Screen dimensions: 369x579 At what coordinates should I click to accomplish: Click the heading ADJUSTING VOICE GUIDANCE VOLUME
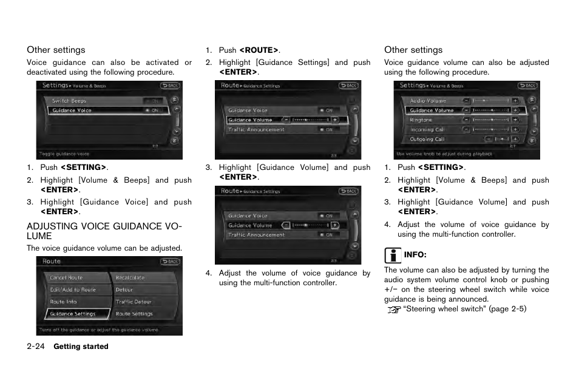coord(104,231)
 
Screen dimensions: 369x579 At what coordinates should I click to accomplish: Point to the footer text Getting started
coord(81,347)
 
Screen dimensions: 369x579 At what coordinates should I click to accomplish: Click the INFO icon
coord(393,254)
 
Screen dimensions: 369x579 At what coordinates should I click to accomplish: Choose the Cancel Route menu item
coord(66,278)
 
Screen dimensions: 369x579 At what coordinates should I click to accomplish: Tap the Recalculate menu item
coord(130,278)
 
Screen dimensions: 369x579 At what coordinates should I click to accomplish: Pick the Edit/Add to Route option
coord(72,290)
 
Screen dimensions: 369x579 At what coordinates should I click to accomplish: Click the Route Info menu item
coord(63,302)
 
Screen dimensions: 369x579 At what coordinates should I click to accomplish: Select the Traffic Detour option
coord(134,302)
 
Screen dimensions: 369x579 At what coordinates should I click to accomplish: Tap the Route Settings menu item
coord(134,314)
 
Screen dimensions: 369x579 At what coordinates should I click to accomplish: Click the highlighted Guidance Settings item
coord(73,314)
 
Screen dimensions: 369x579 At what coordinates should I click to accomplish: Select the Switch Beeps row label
coord(69,101)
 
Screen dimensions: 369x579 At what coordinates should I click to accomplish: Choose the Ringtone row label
coord(421,120)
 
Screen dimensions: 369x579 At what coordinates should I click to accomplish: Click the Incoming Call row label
coord(427,129)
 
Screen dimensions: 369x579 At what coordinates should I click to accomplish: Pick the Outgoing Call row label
coord(427,139)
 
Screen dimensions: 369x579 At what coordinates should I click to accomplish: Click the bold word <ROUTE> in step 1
coord(259,50)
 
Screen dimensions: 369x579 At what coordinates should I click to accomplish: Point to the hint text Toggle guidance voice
coord(64,154)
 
